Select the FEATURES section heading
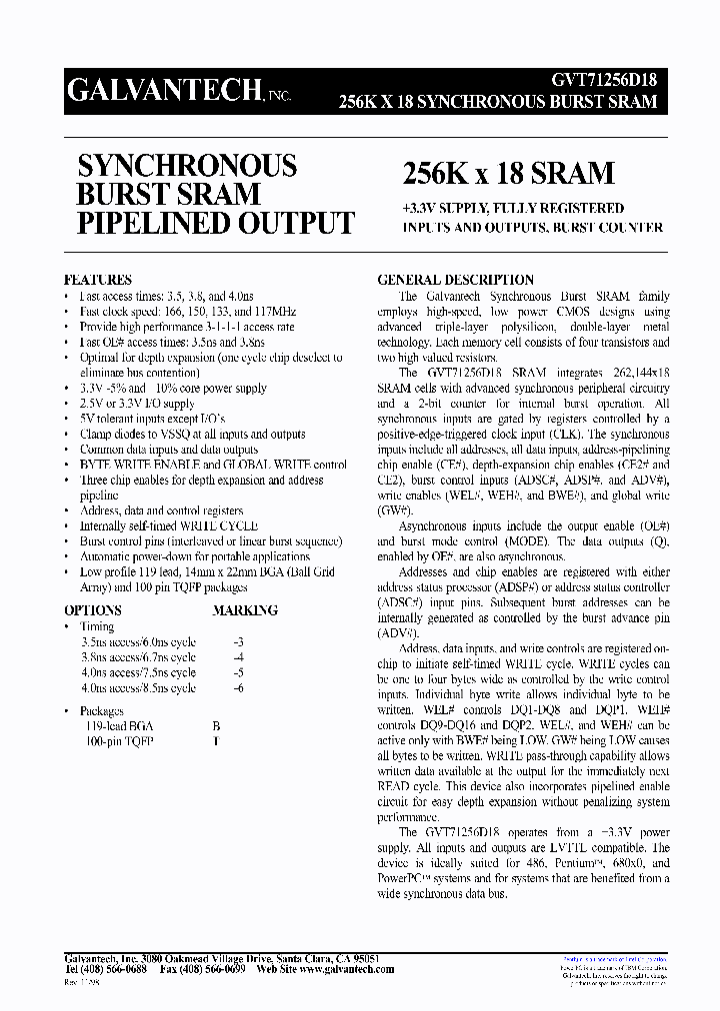pyautogui.click(x=98, y=281)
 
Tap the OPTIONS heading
pyautogui.click(x=93, y=610)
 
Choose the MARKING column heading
pyautogui.click(x=245, y=610)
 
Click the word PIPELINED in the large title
pyautogui.click(x=155, y=223)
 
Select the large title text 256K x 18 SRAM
pyautogui.click(x=508, y=173)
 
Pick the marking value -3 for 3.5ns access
pyautogui.click(x=237, y=642)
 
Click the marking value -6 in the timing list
pyautogui.click(x=237, y=688)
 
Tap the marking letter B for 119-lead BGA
pyautogui.click(x=216, y=726)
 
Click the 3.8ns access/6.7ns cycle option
pyautogui.click(x=138, y=657)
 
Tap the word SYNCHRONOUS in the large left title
pyautogui.click(x=187, y=165)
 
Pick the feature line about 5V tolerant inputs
pyautogui.click(x=152, y=420)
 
